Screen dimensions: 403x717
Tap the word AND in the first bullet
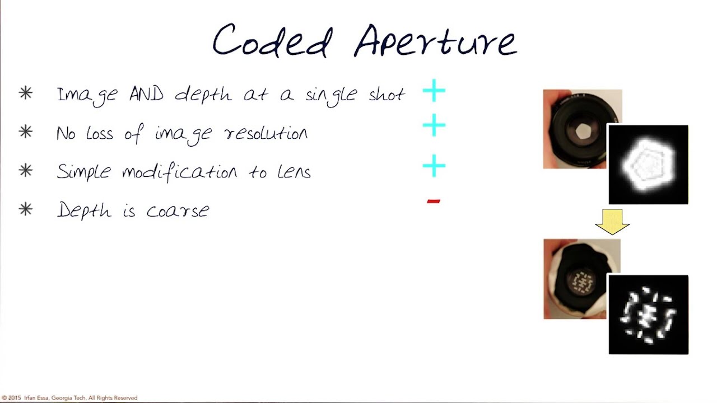click(x=146, y=94)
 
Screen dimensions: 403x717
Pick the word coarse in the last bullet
click(x=178, y=211)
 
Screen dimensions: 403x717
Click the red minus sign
click(x=434, y=201)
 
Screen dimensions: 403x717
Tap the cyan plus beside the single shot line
click(x=434, y=91)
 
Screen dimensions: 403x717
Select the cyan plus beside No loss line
click(x=434, y=126)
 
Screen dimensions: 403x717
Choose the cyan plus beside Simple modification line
click(x=434, y=166)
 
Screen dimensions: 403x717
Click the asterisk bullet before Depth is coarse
click(x=26, y=210)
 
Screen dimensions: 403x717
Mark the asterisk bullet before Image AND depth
click(x=26, y=93)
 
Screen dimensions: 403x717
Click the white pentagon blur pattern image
click(x=648, y=165)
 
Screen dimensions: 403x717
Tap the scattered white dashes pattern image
click(x=648, y=315)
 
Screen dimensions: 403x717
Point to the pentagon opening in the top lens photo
click(x=583, y=132)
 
